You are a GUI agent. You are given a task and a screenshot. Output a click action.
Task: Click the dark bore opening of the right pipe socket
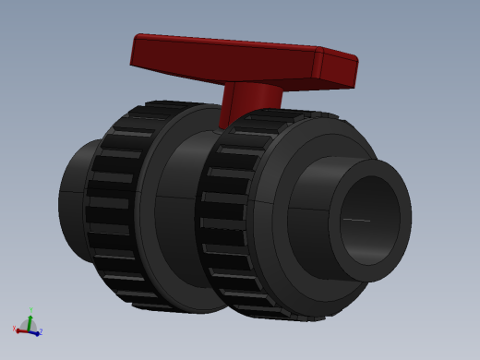point(368,222)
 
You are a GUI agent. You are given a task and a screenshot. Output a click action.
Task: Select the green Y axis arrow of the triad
point(30,319)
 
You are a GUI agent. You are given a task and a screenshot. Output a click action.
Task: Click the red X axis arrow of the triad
point(20,329)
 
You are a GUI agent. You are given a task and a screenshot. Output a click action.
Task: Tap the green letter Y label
point(30,310)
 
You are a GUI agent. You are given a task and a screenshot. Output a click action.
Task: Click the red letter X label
point(14,328)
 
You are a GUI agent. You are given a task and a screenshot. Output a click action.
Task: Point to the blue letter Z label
point(41,331)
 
